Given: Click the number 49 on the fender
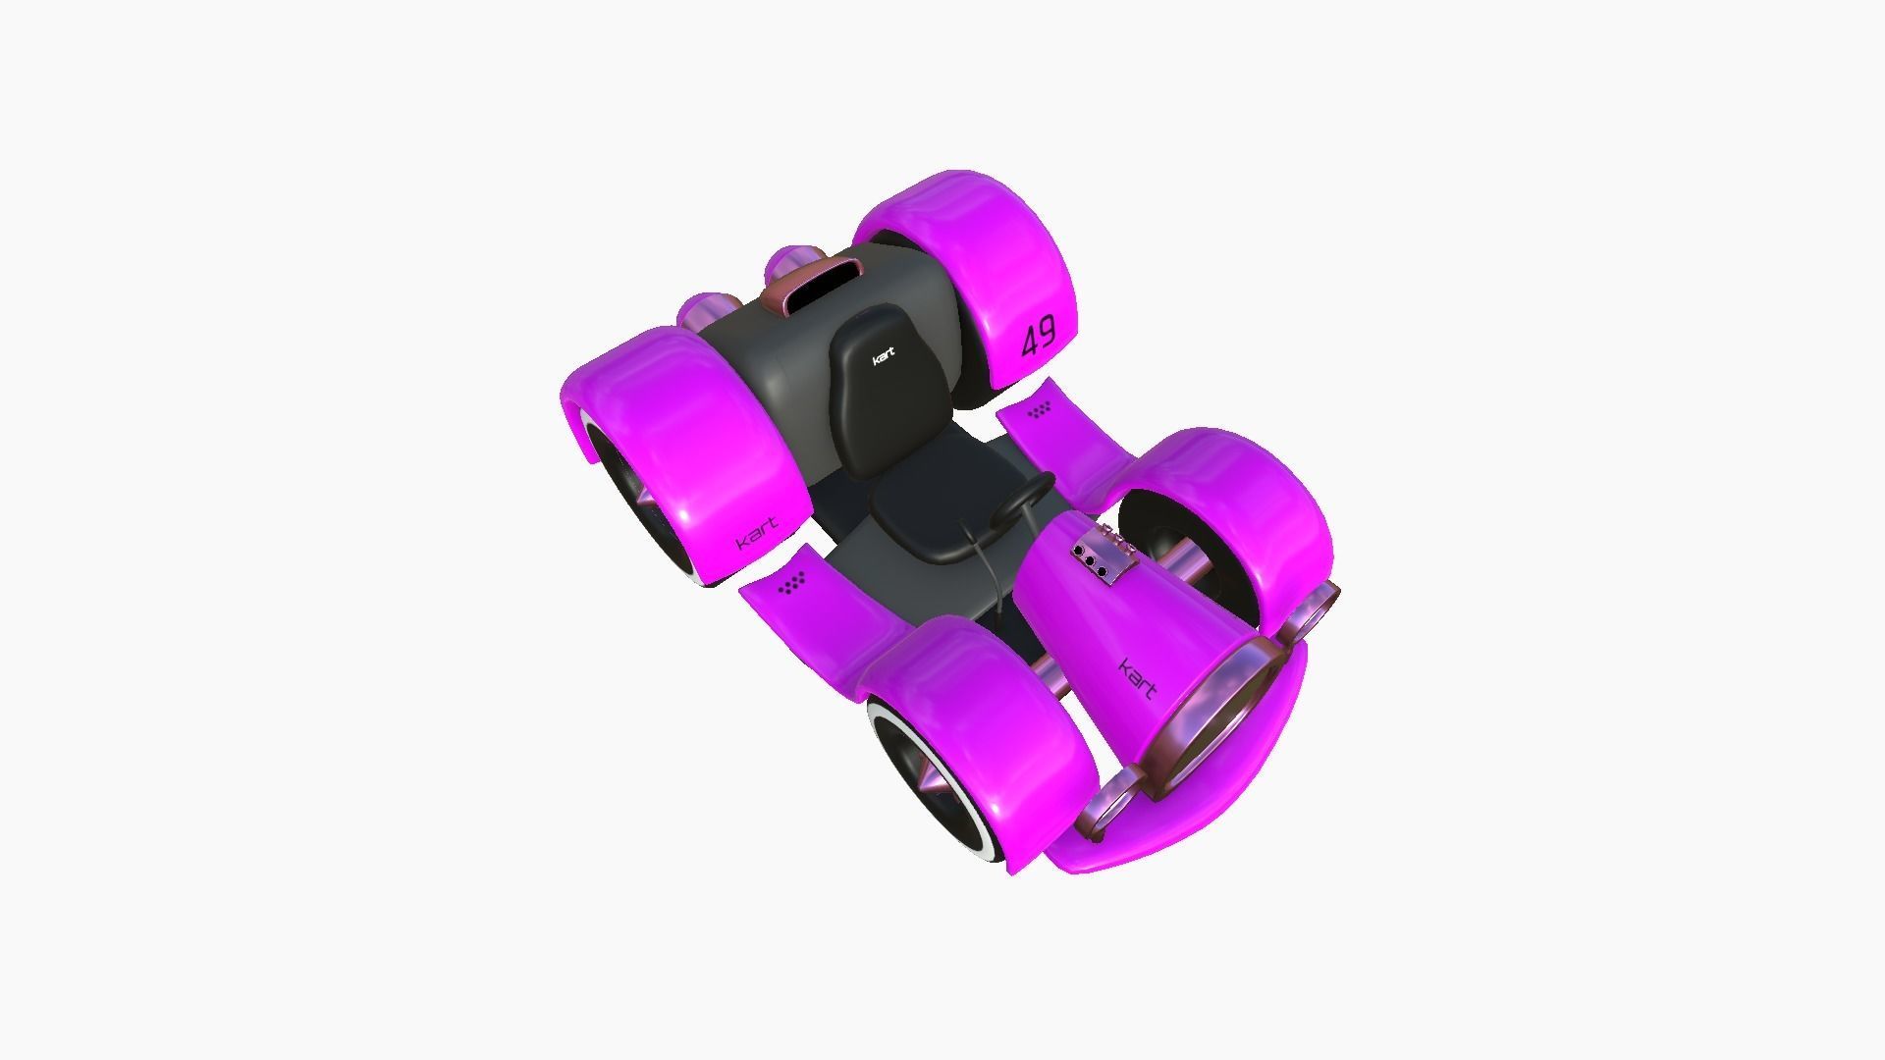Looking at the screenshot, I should (x=1038, y=338).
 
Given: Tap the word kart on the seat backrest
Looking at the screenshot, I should (x=884, y=356).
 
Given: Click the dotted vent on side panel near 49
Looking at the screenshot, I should (x=1041, y=411).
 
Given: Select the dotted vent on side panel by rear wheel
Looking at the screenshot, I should (x=791, y=584).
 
